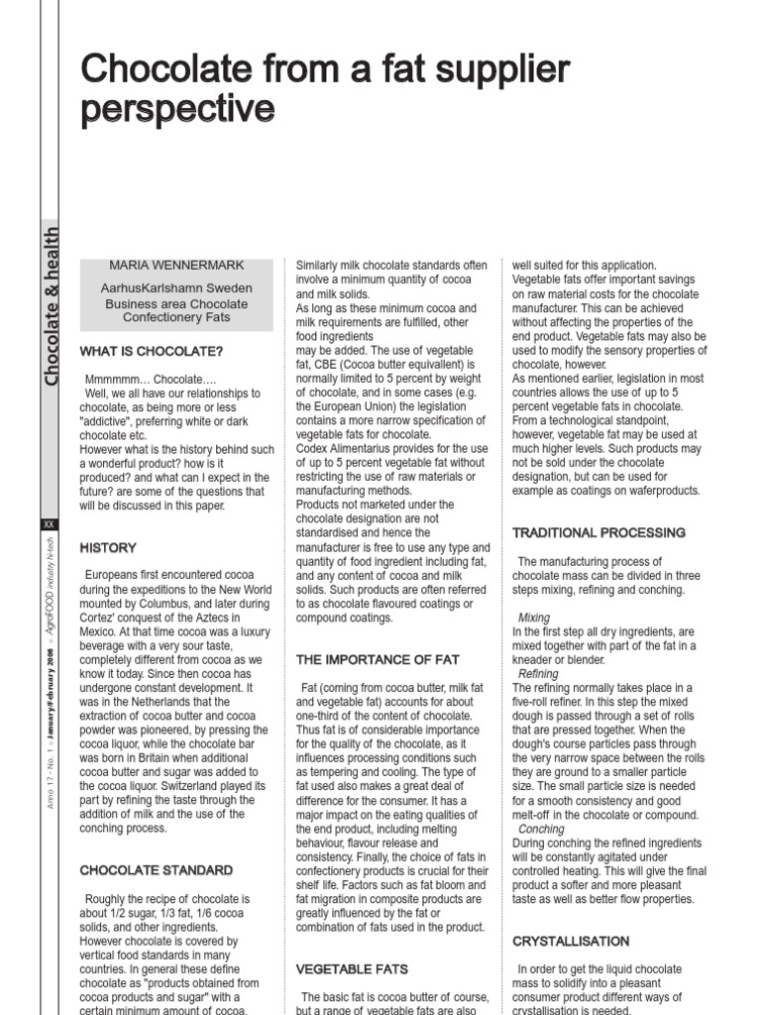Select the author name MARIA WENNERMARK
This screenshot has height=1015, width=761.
tap(176, 266)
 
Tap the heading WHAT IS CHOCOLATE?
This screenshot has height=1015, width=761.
tap(152, 351)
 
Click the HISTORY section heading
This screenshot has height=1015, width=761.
tap(108, 547)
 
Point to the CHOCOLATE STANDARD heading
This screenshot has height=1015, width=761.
tap(157, 870)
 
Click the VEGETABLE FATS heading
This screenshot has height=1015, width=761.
tap(352, 968)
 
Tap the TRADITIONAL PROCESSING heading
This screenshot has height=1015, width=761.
tap(598, 533)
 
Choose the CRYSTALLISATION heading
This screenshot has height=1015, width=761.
tap(571, 941)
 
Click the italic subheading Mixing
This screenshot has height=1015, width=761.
tap(533, 618)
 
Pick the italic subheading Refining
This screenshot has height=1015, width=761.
tap(538, 674)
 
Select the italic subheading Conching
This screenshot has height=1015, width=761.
tap(541, 829)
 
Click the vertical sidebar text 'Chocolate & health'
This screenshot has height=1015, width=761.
tap(52, 306)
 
